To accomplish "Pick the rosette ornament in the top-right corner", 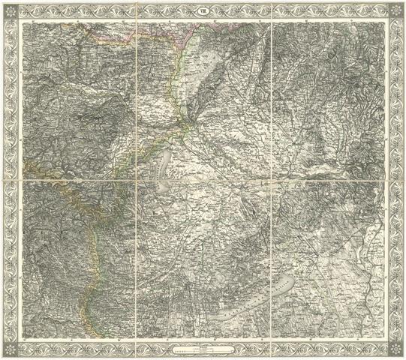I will point(396,10).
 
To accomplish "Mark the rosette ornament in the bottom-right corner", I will point(396,349).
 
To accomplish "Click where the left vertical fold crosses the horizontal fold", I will point(137,180).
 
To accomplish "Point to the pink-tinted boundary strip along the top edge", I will point(143,28).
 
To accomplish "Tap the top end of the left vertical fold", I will point(137,20).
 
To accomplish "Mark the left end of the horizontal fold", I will point(20,180).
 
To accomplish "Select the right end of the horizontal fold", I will point(386,180).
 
